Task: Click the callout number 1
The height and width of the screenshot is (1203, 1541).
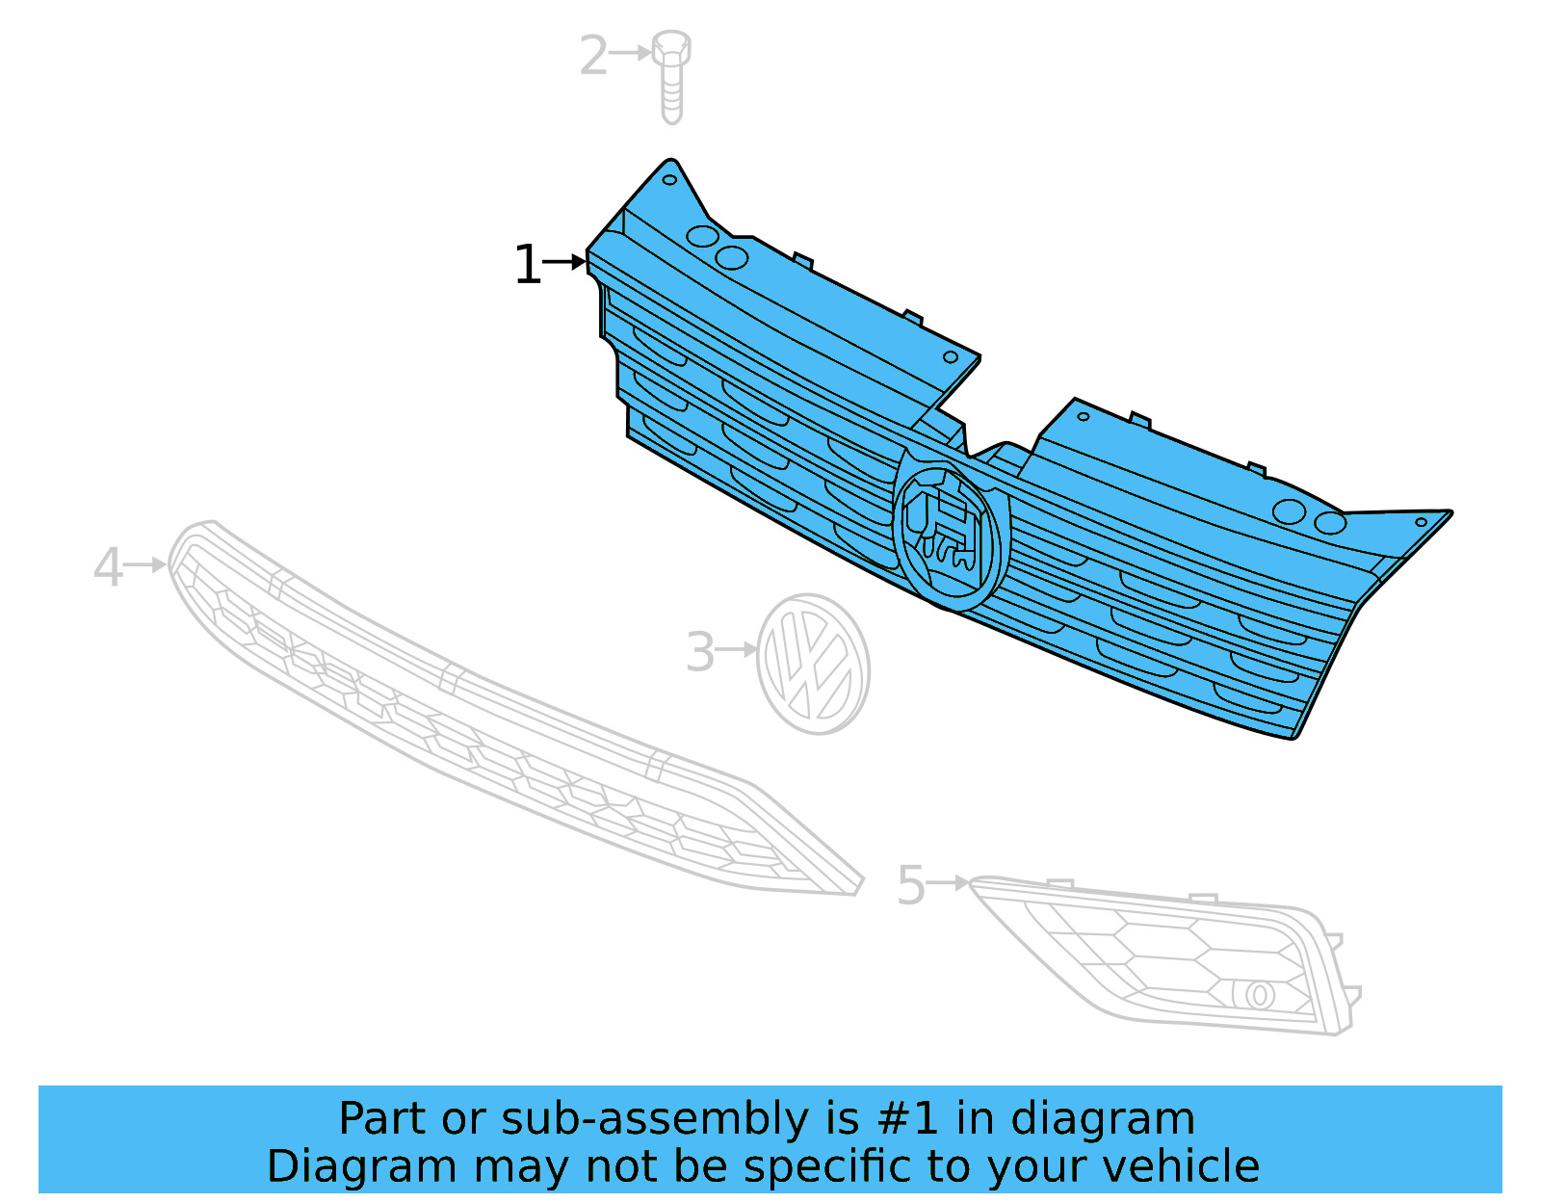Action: (x=527, y=265)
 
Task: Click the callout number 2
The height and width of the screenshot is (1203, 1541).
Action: (x=593, y=56)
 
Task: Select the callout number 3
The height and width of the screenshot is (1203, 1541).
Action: (x=699, y=653)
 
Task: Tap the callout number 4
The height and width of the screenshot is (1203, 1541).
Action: (x=108, y=567)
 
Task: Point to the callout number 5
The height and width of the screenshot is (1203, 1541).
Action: (x=910, y=885)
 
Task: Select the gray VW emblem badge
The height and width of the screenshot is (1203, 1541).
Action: (x=813, y=665)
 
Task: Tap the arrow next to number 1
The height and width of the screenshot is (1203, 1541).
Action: (x=565, y=261)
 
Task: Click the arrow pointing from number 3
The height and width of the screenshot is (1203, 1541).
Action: (x=738, y=649)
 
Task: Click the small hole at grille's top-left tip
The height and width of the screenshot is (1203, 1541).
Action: (x=669, y=180)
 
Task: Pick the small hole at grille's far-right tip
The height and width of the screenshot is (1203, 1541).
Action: (x=1420, y=522)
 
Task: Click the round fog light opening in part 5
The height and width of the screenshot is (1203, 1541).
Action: (x=1258, y=995)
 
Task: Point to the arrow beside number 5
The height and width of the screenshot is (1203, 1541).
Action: (x=949, y=882)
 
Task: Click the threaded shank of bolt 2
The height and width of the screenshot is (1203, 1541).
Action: (x=671, y=96)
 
